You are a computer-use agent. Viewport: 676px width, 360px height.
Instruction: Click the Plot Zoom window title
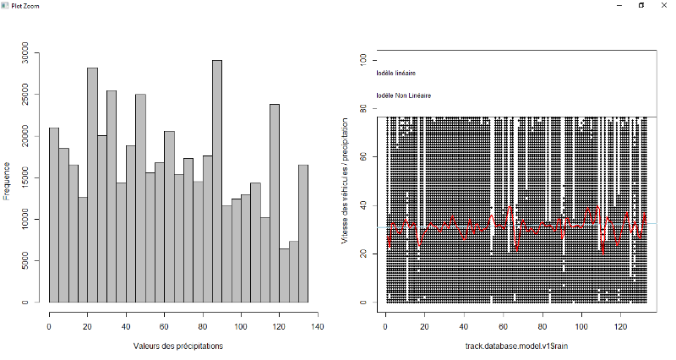(21, 4)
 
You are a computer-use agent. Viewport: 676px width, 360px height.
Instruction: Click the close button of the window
(663, 5)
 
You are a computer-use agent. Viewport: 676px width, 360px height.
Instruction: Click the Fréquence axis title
(7, 181)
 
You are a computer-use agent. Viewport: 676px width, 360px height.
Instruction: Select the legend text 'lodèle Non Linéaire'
(404, 95)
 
